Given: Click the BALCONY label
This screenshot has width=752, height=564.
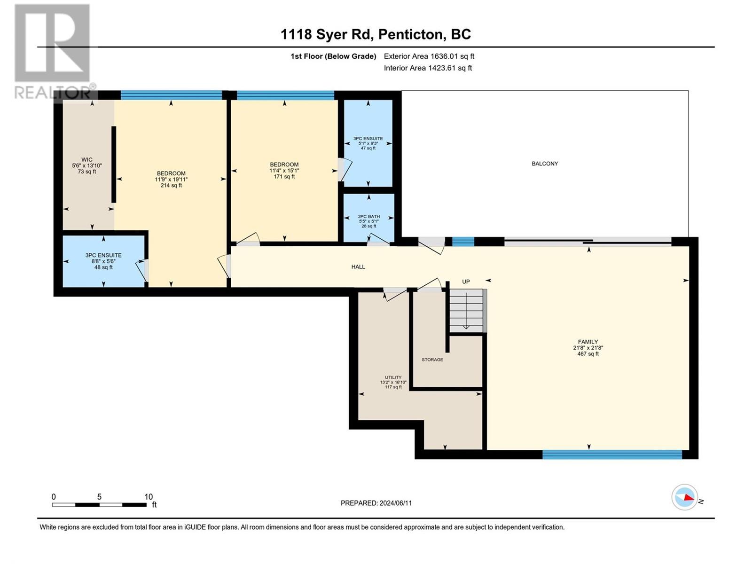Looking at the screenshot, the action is pyautogui.click(x=545, y=164).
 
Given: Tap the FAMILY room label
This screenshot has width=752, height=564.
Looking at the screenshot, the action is pyautogui.click(x=588, y=342).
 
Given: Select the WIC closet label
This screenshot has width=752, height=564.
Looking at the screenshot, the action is pyautogui.click(x=86, y=160).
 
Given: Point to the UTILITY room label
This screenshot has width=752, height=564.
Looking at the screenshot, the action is pyautogui.click(x=393, y=377).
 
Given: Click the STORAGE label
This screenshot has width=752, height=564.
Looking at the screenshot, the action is pyautogui.click(x=432, y=360).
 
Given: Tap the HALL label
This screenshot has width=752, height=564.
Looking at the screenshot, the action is pyautogui.click(x=358, y=267).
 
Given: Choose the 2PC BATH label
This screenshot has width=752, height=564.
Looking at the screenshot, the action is pyautogui.click(x=369, y=216).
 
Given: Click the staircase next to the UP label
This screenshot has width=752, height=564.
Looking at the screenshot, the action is pyautogui.click(x=466, y=310).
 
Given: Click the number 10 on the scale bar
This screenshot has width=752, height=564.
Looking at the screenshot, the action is pyautogui.click(x=149, y=497).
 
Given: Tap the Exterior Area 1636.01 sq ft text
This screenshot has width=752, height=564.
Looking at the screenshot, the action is pyautogui.click(x=429, y=56).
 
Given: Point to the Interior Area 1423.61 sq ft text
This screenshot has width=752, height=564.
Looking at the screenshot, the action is pyautogui.click(x=428, y=68).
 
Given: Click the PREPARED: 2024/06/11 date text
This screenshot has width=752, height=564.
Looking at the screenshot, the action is pyautogui.click(x=376, y=503).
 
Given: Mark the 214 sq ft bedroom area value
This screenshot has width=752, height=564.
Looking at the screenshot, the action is pyautogui.click(x=171, y=185).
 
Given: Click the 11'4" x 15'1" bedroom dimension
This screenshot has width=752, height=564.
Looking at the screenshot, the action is pyautogui.click(x=284, y=171).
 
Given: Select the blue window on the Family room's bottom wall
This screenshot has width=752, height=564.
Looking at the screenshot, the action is pyautogui.click(x=612, y=454).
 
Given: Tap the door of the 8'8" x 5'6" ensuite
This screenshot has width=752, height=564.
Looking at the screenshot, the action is pyautogui.click(x=142, y=272).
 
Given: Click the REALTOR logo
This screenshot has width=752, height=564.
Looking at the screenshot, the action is pyautogui.click(x=54, y=51).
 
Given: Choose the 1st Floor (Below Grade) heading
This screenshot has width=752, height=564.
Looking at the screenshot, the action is pyautogui.click(x=333, y=56).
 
